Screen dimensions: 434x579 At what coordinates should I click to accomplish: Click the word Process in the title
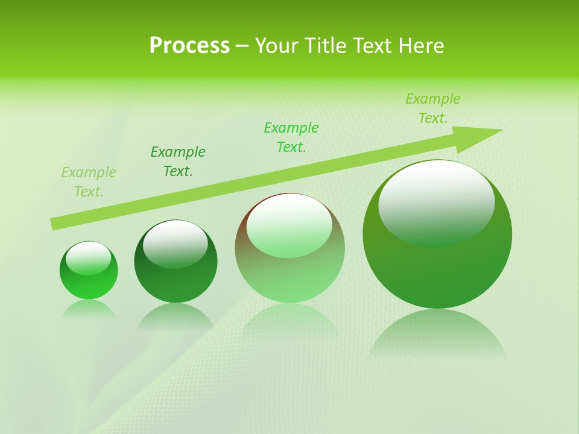[189, 46]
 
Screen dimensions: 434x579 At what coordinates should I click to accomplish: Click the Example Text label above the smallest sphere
[89, 182]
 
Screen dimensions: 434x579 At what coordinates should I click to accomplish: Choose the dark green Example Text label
[178, 162]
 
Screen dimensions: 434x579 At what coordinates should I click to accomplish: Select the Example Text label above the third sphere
[291, 137]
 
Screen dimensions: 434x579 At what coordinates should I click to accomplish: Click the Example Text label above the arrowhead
[433, 108]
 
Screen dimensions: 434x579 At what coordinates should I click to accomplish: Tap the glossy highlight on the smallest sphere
[88, 258]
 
